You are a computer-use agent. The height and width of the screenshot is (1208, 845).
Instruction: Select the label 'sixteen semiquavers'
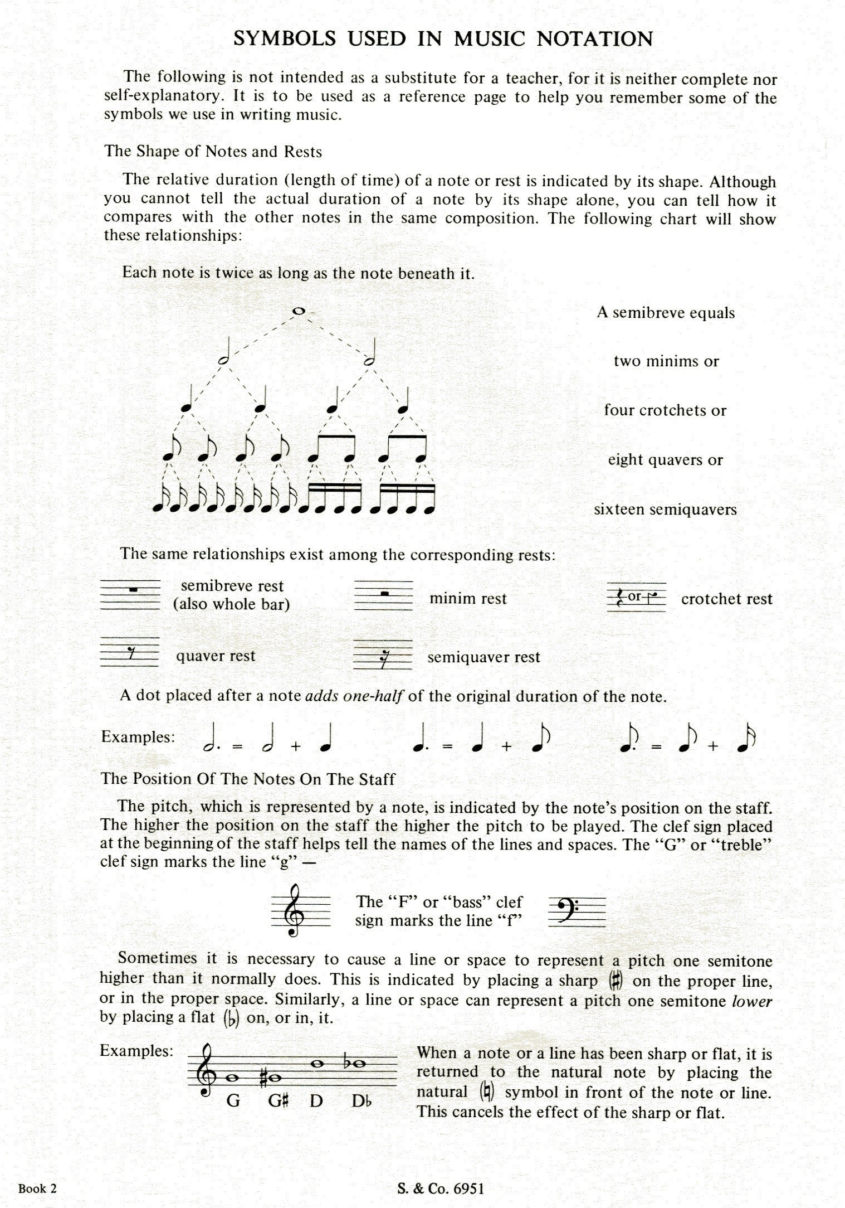tap(665, 510)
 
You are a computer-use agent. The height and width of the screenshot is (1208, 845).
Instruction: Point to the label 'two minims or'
tap(666, 361)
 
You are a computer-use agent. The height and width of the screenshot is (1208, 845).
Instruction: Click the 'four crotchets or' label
tap(665, 411)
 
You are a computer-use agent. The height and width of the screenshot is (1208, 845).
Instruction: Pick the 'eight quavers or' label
tap(665, 460)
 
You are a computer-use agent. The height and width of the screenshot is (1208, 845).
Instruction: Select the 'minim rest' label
tap(468, 599)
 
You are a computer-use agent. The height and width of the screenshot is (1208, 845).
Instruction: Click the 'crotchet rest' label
tap(726, 599)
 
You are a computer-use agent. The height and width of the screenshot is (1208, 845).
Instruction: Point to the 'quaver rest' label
tap(216, 656)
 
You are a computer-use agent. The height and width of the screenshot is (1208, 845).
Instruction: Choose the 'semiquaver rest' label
tap(483, 657)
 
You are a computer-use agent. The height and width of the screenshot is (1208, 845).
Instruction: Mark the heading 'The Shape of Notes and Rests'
tap(213, 152)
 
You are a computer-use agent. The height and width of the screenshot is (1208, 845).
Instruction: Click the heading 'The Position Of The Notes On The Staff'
tap(247, 779)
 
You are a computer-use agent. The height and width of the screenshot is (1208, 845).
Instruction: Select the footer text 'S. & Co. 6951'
tap(441, 1188)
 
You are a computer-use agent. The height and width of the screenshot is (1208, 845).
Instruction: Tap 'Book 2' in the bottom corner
tap(37, 1188)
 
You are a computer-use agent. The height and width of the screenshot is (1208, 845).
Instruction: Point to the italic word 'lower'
tap(751, 1002)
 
